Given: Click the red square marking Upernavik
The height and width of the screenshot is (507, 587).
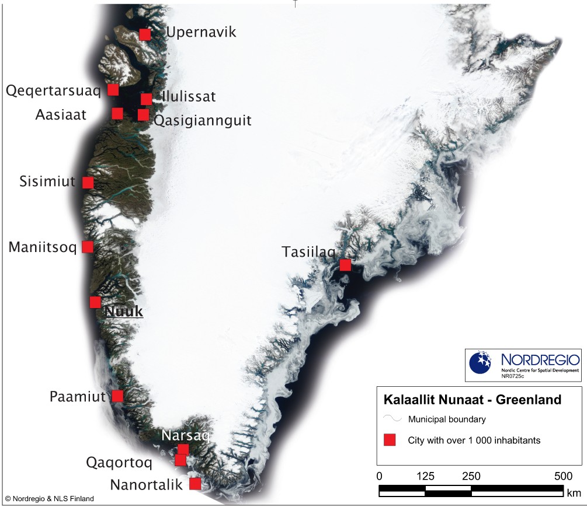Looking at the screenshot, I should tap(145, 34).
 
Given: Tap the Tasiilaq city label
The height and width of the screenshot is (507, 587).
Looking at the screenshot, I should tap(308, 253).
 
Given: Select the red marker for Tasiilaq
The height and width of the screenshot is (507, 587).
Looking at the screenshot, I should tap(345, 265).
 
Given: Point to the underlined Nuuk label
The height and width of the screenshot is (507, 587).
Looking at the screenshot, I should tap(124, 312).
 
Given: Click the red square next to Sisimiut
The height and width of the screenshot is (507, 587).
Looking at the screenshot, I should tap(88, 183).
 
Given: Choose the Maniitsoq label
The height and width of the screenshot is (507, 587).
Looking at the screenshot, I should tap(43, 248).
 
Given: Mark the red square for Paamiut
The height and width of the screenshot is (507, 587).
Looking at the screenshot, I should tap(117, 396).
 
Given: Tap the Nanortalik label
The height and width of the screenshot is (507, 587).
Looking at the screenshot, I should tap(146, 485).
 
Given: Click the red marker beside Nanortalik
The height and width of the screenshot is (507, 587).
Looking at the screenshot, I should tap(195, 484).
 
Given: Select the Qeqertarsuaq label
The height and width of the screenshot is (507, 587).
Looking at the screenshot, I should tap(54, 90).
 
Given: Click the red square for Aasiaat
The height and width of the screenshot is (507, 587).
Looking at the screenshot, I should tap(117, 113).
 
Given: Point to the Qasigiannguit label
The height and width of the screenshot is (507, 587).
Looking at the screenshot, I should tap(202, 121).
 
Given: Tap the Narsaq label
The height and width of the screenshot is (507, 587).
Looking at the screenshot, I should tap(185, 436).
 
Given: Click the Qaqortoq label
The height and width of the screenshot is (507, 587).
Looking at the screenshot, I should tap(119, 463).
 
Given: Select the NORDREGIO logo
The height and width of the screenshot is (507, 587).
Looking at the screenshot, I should tap(523, 365).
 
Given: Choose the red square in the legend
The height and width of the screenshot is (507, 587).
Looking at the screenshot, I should tap(390, 440).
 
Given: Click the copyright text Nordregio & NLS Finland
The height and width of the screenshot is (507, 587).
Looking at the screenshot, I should tap(49, 499).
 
